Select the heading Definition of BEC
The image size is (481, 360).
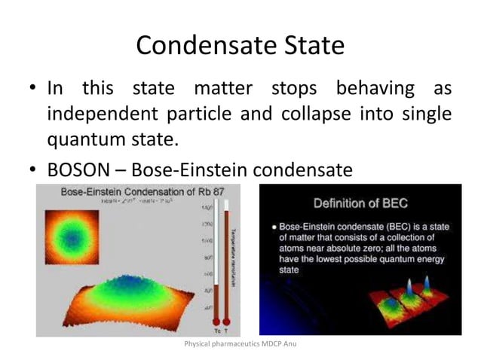(360, 203)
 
